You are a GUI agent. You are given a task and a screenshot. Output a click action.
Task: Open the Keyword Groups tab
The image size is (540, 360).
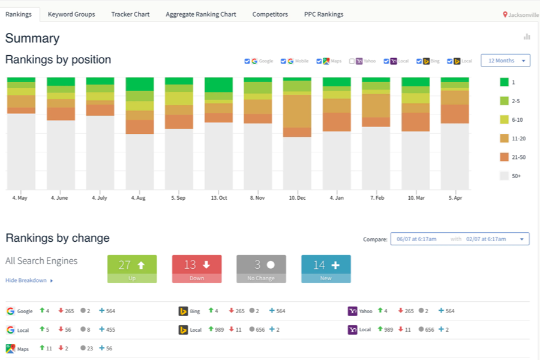[x=71, y=14]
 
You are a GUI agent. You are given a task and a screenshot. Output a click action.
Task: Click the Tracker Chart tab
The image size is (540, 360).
[x=130, y=14]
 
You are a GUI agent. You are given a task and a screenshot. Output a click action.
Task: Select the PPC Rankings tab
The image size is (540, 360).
[x=324, y=14]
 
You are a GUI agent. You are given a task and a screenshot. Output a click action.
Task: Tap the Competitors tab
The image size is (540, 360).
[x=270, y=14]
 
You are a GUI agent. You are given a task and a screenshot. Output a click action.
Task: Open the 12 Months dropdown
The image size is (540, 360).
[x=505, y=61]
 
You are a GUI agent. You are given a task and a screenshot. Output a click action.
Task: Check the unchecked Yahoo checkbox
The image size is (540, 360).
[x=352, y=61]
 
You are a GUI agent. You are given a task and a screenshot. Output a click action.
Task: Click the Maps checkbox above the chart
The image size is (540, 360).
[x=319, y=61]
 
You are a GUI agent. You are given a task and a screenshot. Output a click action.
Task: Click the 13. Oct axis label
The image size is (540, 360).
[x=218, y=198]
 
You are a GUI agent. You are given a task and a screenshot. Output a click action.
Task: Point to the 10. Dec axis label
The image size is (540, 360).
[x=297, y=198]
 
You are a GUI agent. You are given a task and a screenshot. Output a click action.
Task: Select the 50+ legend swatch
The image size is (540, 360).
[x=504, y=176]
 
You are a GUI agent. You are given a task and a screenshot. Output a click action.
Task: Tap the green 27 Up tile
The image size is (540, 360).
[x=132, y=269]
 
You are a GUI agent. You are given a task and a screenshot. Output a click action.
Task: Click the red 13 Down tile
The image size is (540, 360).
[x=197, y=269]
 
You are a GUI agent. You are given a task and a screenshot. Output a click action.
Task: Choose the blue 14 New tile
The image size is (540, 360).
[x=326, y=269]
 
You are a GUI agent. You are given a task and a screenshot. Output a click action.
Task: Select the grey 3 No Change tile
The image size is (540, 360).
[x=261, y=269]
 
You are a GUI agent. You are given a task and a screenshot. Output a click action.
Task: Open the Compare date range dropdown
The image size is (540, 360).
[x=460, y=239]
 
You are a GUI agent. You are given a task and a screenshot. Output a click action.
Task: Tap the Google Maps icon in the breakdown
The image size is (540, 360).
[x=10, y=349]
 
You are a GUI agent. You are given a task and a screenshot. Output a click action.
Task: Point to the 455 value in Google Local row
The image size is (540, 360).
[x=110, y=329]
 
